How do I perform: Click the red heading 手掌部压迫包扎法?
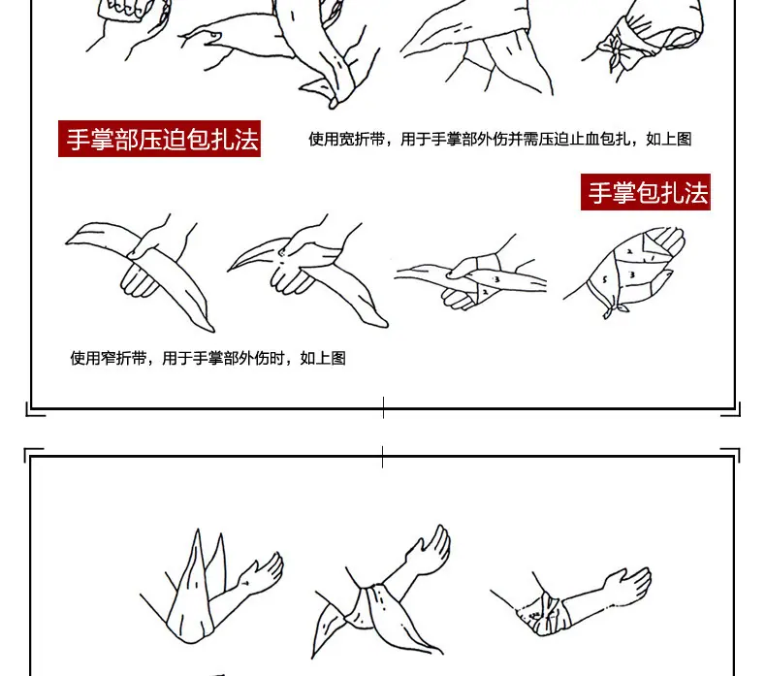pyautogui.click(x=159, y=139)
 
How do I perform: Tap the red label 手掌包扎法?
pyautogui.click(x=646, y=192)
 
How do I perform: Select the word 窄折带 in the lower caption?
pyautogui.click(x=123, y=358)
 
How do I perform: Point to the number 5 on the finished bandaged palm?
pyautogui.click(x=605, y=280)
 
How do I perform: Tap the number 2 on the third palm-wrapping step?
pyautogui.click(x=485, y=292)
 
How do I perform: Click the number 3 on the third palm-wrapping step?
pyautogui.click(x=496, y=279)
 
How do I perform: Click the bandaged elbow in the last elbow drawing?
pyautogui.click(x=551, y=614)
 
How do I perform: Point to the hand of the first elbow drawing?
pyautogui.click(x=263, y=572)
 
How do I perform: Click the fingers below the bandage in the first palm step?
pyautogui.click(x=139, y=283)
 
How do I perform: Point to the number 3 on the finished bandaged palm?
pyautogui.click(x=631, y=275)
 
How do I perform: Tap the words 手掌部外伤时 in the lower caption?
pyautogui.click(x=239, y=358)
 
